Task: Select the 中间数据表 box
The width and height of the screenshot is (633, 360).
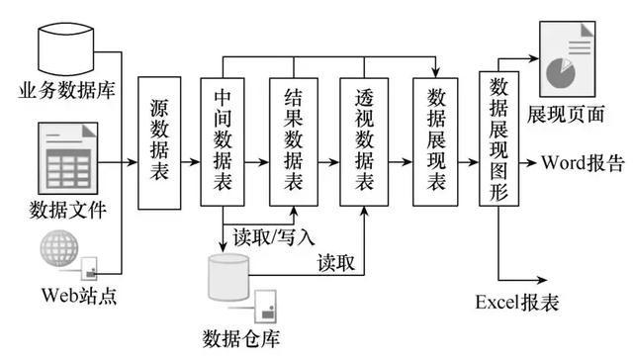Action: pyautogui.click(x=224, y=140)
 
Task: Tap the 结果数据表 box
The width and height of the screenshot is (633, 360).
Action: pyautogui.click(x=293, y=140)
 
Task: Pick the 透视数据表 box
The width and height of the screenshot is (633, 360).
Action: pyautogui.click(x=363, y=140)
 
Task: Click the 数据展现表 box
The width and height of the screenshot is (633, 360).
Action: pyautogui.click(x=434, y=140)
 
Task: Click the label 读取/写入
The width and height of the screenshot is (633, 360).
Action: pyautogui.click(x=274, y=237)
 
